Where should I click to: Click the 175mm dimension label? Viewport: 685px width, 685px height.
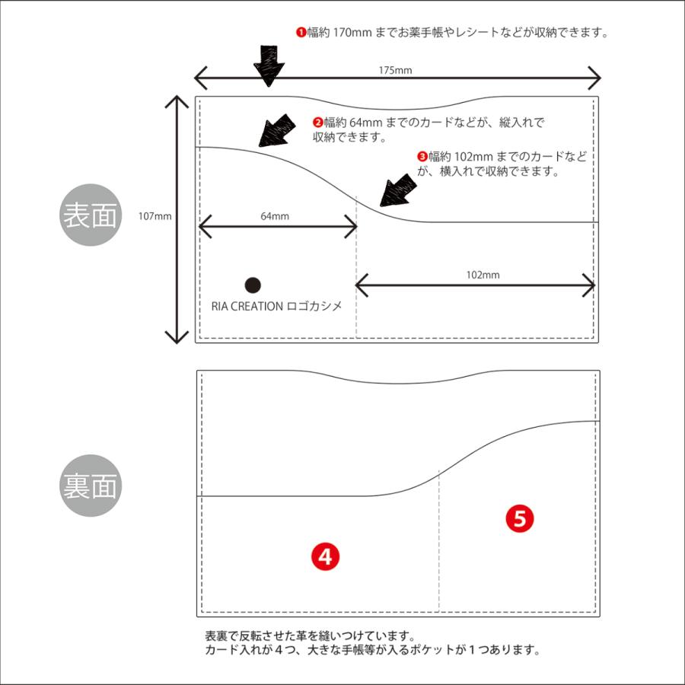coord(396,70)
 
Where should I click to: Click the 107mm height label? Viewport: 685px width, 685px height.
coord(155,215)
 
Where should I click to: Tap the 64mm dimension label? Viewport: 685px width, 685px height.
coord(275,216)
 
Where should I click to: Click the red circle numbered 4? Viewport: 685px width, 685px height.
coord(325,557)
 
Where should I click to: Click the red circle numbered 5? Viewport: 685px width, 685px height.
coord(520,519)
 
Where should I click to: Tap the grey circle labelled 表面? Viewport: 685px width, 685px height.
coord(91,215)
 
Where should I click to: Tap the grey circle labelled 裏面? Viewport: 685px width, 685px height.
coord(91,486)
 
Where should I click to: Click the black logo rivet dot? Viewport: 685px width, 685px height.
coord(253,285)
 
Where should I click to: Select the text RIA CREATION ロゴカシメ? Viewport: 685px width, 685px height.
coord(276,306)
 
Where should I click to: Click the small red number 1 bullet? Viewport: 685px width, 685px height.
coord(301,33)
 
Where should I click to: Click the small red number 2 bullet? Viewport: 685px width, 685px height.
coord(318,122)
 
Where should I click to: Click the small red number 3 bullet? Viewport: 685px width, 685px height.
coord(422,156)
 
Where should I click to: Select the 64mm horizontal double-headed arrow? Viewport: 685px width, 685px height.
coord(277,227)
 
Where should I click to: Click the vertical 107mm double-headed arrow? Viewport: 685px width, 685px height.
coord(177,219)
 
